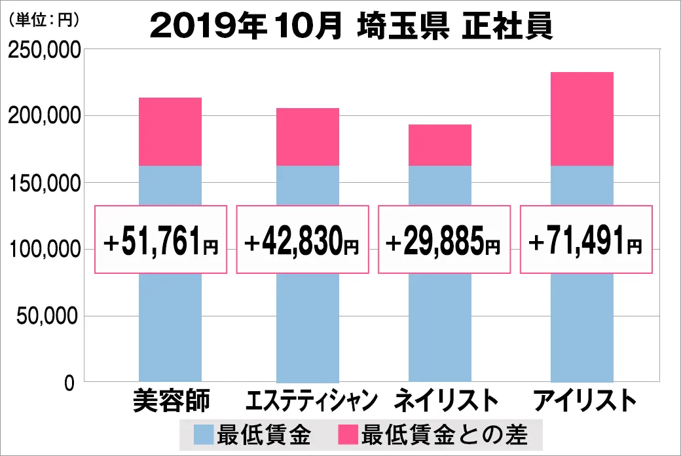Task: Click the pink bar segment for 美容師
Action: pyautogui.click(x=170, y=132)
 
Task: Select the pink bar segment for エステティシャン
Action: pyautogui.click(x=308, y=137)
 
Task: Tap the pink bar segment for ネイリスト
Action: pyautogui.click(x=440, y=145)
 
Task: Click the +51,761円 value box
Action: pyautogui.click(x=161, y=240)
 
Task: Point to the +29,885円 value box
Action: pyautogui.click(x=443, y=240)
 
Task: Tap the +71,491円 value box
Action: pyautogui.click(x=585, y=240)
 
